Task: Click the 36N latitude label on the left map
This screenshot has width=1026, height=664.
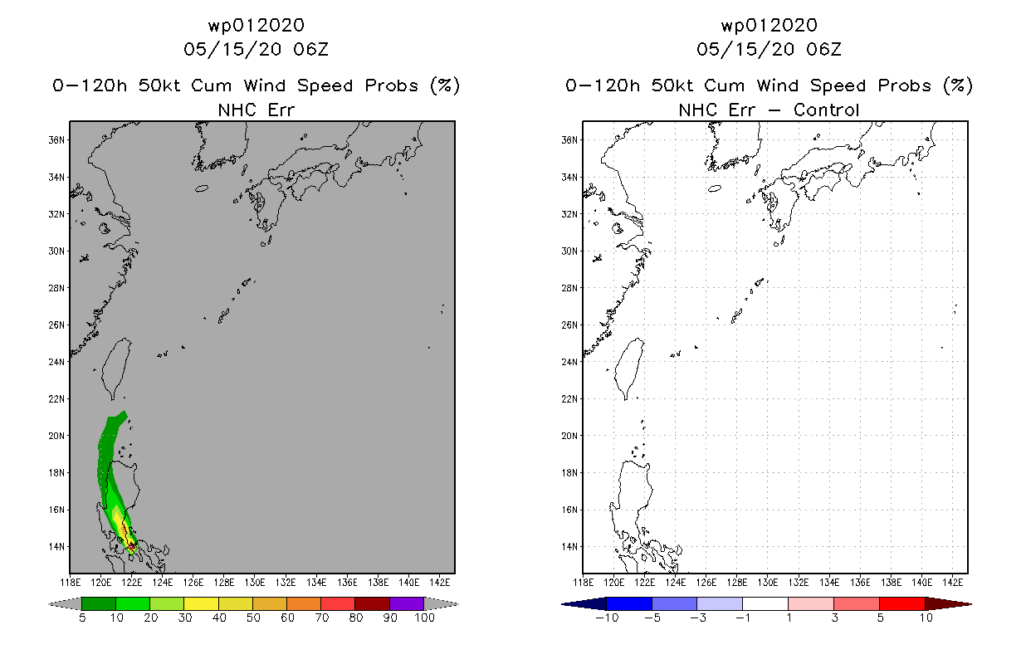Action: (x=56, y=140)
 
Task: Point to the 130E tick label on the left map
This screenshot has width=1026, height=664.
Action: (x=255, y=583)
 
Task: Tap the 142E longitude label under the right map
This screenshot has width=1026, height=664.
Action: (x=953, y=583)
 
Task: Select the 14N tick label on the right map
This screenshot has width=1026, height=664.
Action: (x=569, y=547)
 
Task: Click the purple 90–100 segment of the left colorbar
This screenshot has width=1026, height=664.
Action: (x=407, y=604)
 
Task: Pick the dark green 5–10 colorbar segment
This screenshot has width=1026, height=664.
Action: (x=99, y=604)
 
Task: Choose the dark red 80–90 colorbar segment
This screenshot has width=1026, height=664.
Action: (x=373, y=604)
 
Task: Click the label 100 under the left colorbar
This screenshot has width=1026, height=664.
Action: (x=425, y=618)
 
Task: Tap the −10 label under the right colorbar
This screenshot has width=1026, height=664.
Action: (x=607, y=618)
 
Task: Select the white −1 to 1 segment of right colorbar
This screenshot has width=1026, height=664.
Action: (x=765, y=604)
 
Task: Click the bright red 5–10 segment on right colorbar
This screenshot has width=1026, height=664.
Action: (x=902, y=604)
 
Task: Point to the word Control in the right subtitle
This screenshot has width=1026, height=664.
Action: (x=826, y=110)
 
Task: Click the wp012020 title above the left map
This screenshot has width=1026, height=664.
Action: (x=256, y=26)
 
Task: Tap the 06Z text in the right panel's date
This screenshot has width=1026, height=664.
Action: (x=824, y=50)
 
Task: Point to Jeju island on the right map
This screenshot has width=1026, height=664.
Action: (x=715, y=188)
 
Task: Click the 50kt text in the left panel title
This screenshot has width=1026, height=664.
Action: (x=159, y=85)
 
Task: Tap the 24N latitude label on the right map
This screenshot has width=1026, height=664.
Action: (x=569, y=362)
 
